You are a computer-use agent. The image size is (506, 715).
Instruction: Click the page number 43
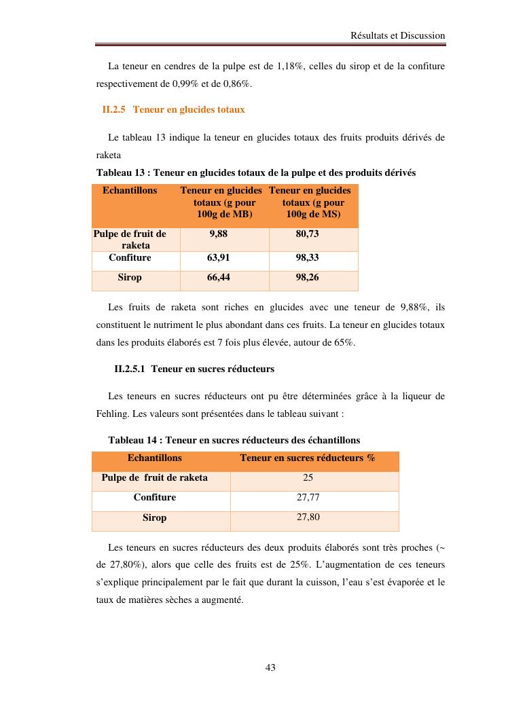click(x=270, y=667)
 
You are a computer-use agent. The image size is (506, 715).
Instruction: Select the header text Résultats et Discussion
click(x=397, y=35)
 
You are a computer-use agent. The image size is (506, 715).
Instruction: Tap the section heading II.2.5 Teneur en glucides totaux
click(x=173, y=109)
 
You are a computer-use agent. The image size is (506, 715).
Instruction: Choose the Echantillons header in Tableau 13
click(x=130, y=191)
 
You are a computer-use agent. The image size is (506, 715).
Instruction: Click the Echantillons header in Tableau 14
click(x=154, y=458)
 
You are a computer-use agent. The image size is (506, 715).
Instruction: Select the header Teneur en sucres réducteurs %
click(x=308, y=458)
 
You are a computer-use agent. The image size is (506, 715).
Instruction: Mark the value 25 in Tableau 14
click(x=308, y=478)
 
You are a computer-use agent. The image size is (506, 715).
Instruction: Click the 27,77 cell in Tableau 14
click(x=308, y=498)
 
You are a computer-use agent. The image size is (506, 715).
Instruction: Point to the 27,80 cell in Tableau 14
click(x=308, y=517)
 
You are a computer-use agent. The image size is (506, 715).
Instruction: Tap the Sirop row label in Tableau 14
click(x=154, y=518)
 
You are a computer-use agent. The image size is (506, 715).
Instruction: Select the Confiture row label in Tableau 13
click(x=130, y=258)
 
